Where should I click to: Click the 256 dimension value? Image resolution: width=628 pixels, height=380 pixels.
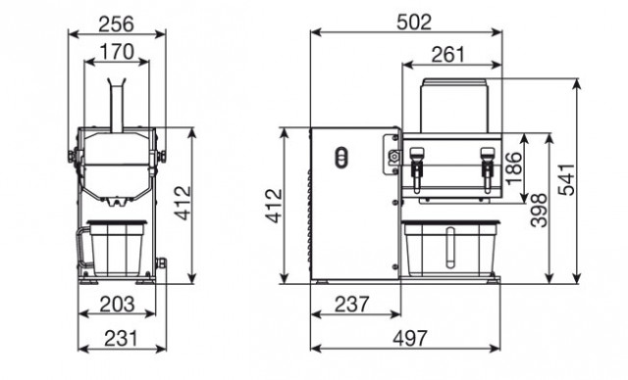click(x=116, y=24)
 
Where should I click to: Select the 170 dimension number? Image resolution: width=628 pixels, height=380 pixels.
click(x=117, y=52)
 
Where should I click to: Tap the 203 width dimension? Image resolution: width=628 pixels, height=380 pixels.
click(x=117, y=305)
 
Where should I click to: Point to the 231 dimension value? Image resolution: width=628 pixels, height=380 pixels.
click(x=122, y=339)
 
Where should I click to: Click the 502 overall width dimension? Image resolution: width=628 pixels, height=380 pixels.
click(x=414, y=22)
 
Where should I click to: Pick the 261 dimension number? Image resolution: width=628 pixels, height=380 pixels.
click(x=447, y=55)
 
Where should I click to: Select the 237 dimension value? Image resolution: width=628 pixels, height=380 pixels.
click(x=351, y=305)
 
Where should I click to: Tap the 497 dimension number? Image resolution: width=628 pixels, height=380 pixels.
click(x=410, y=339)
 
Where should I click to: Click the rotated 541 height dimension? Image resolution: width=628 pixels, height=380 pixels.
click(x=566, y=179)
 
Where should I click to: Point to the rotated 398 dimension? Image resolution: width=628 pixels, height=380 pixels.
click(x=539, y=211)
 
